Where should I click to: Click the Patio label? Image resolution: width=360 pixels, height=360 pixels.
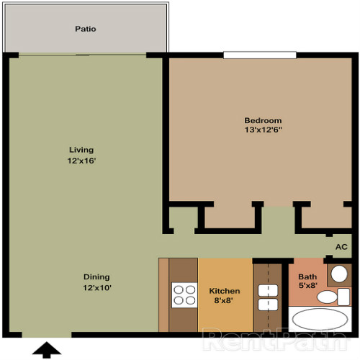click(x=85, y=30)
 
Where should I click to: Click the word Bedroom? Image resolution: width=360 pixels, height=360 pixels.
click(x=263, y=120)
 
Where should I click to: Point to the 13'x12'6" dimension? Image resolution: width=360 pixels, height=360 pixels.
click(x=263, y=130)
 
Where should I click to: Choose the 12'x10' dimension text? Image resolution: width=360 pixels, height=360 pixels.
click(x=96, y=288)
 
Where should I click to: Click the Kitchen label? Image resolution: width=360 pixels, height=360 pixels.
click(x=225, y=291)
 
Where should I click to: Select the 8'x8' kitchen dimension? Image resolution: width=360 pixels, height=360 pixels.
click(x=225, y=302)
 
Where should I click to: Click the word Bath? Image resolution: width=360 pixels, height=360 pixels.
click(x=307, y=276)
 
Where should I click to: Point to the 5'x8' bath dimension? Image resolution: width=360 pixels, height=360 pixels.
click(x=307, y=287)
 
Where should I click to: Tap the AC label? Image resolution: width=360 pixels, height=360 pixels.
click(x=341, y=247)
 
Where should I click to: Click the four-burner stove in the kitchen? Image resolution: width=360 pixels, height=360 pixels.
click(x=184, y=296)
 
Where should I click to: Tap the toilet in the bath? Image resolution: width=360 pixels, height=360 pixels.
click(x=330, y=297)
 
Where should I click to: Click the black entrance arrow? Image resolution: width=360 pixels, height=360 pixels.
click(x=48, y=350)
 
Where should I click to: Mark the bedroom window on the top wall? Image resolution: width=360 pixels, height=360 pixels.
click(x=259, y=55)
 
